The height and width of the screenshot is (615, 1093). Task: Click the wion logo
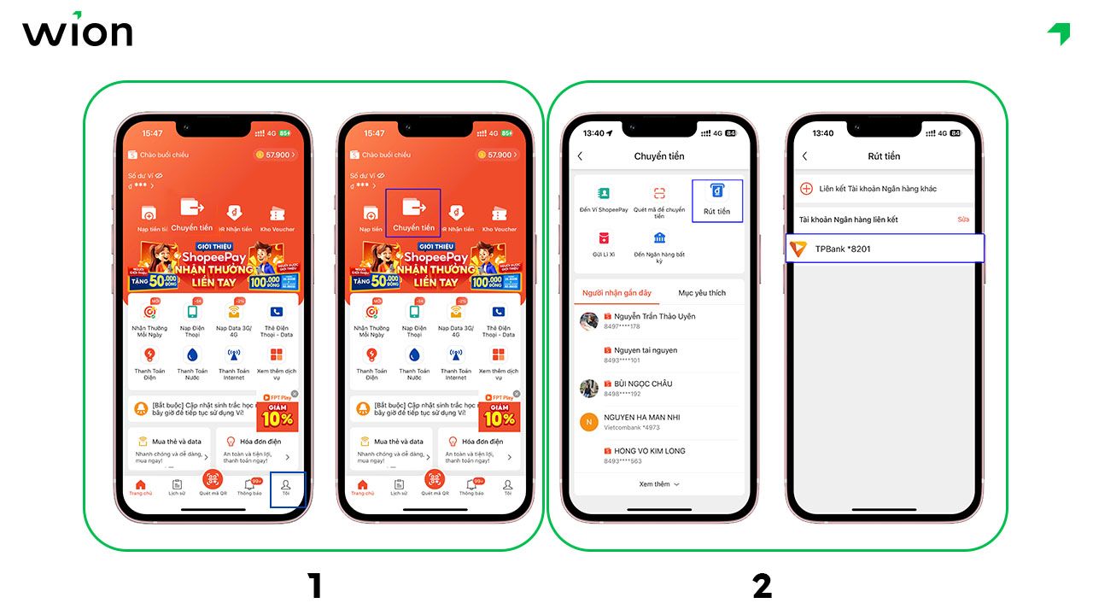point(77,32)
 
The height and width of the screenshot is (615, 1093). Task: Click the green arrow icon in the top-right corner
point(1059,33)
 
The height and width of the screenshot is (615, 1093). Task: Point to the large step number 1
point(314,586)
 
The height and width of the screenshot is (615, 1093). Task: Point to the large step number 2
point(762,586)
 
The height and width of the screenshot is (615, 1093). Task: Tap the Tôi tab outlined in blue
point(286,489)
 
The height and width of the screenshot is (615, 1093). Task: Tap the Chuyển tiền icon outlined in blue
point(413,212)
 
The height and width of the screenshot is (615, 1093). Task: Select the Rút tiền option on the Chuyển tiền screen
point(717,200)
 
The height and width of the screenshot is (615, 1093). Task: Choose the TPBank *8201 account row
point(884,249)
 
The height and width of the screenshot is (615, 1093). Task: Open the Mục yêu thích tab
point(702,293)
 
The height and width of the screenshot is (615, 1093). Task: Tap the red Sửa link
point(963,220)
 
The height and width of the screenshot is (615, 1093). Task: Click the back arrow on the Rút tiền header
point(804,156)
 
